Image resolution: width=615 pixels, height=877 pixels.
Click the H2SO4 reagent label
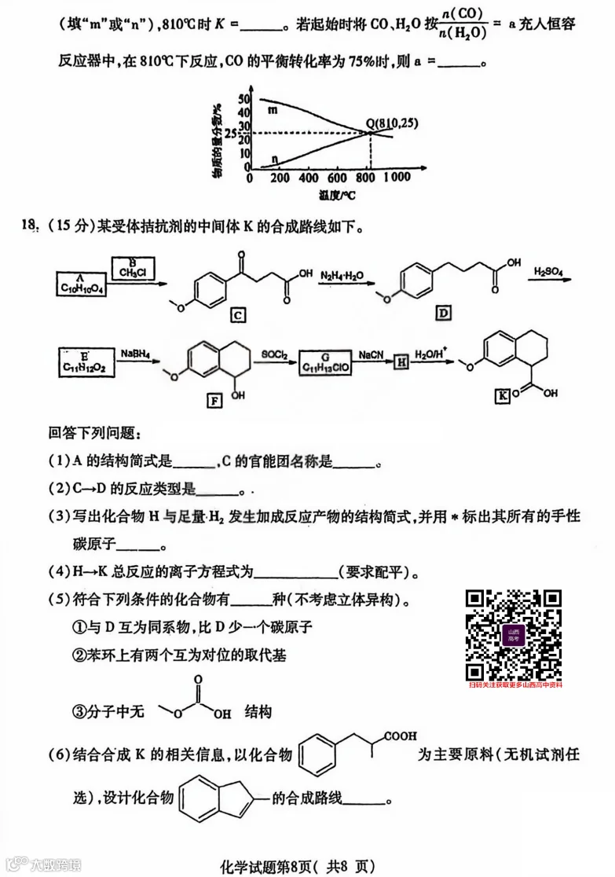(550, 273)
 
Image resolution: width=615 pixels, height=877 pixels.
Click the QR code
(514, 635)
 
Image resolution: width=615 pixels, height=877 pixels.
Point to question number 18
(29, 227)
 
